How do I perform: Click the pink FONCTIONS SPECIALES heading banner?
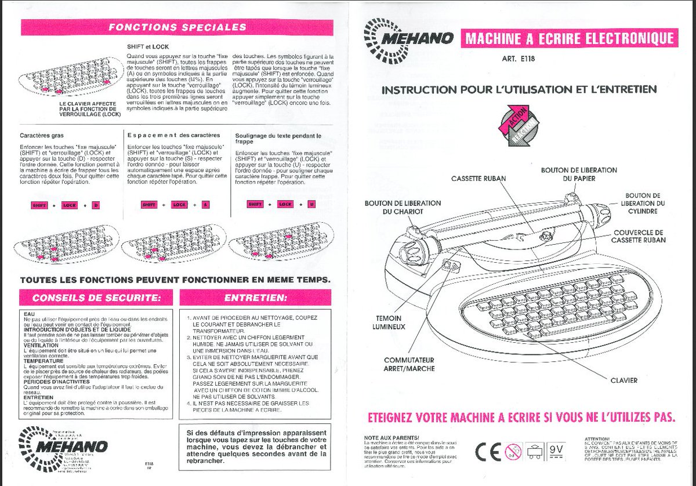tap(177, 27)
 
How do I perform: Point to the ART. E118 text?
tap(517, 59)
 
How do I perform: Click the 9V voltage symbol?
tap(556, 450)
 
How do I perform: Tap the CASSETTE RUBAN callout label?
tap(477, 179)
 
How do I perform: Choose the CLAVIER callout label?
tap(623, 380)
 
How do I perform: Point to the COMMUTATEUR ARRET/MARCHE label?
tap(409, 364)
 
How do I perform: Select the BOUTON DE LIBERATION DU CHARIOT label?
tap(403, 208)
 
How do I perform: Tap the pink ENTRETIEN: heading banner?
tap(256, 298)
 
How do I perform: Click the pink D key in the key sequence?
tap(96, 205)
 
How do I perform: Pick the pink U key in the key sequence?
tap(311, 204)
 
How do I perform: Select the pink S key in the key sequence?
tap(206, 205)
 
